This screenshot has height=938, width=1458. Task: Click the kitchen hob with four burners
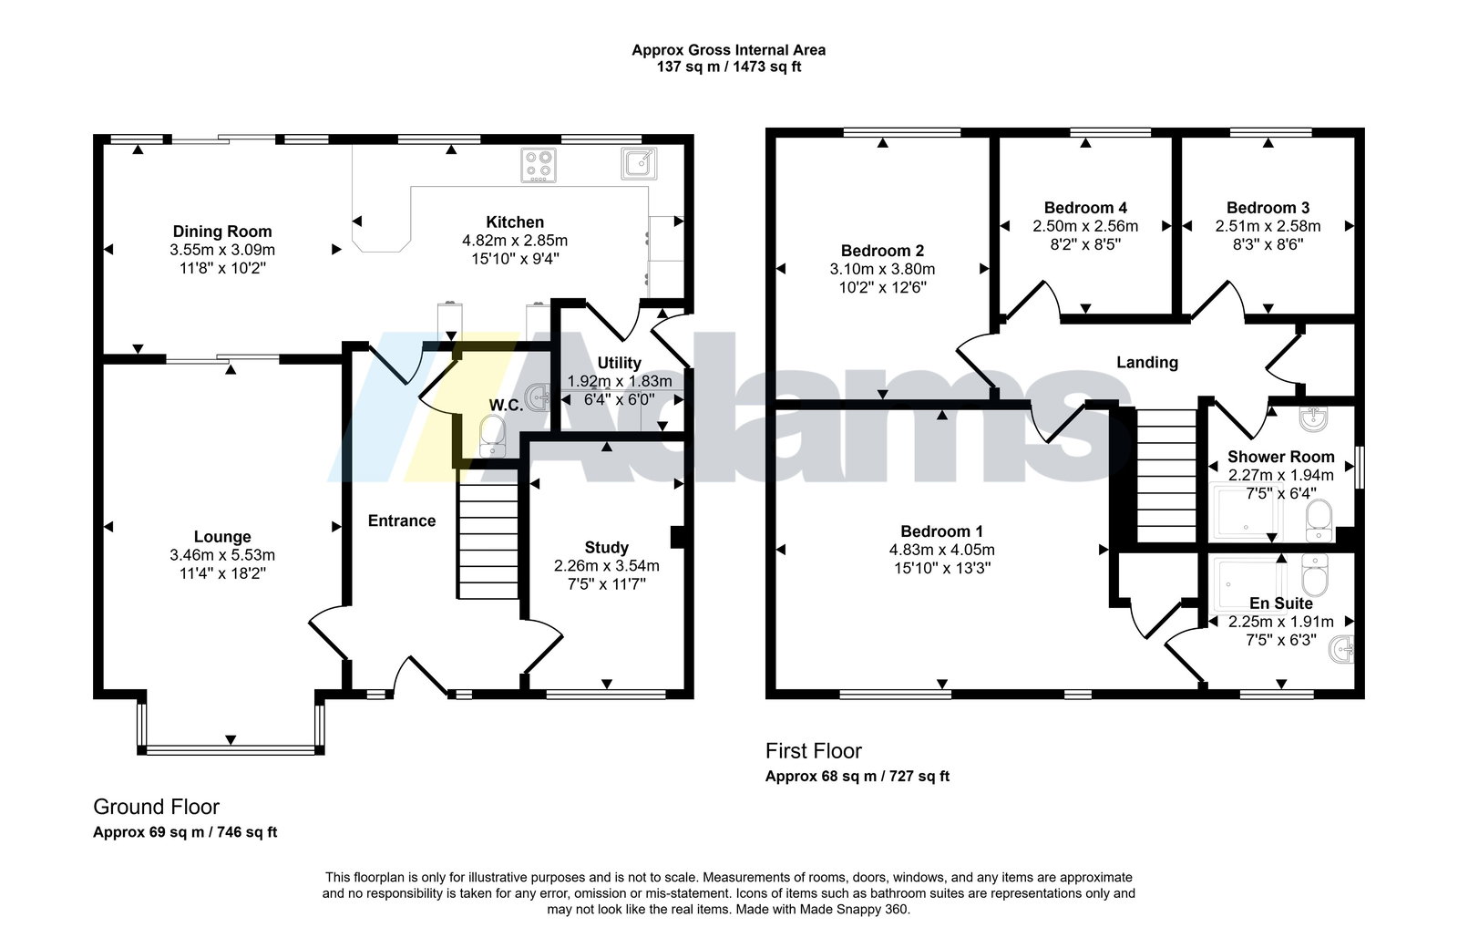point(539,165)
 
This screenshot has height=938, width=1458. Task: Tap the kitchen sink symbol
point(639,163)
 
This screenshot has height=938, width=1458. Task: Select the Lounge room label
point(222,537)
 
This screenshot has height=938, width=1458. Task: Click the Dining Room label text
point(222,232)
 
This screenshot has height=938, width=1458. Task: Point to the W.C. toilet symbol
point(492,436)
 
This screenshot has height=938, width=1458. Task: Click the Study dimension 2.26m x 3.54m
point(607,566)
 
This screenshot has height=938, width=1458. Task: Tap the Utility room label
point(619,363)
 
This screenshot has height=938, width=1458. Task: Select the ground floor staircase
point(488,541)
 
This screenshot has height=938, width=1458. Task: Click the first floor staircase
point(1167,476)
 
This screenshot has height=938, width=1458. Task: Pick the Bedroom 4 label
point(1085,209)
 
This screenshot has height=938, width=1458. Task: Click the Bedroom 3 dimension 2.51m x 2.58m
point(1268,227)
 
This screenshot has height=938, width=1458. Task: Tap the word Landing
point(1147,363)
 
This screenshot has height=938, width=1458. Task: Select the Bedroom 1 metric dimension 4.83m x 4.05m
point(942,550)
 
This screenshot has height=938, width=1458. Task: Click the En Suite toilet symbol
point(1314,575)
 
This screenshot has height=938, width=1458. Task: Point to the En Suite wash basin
point(1341,650)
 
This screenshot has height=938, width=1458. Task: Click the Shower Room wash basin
point(1313,420)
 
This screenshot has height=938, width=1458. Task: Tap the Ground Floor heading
point(156,807)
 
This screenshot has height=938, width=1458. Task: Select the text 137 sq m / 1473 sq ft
point(729,67)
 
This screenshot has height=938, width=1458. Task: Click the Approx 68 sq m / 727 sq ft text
point(857,777)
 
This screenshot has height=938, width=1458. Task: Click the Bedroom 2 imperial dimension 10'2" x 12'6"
point(883,287)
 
